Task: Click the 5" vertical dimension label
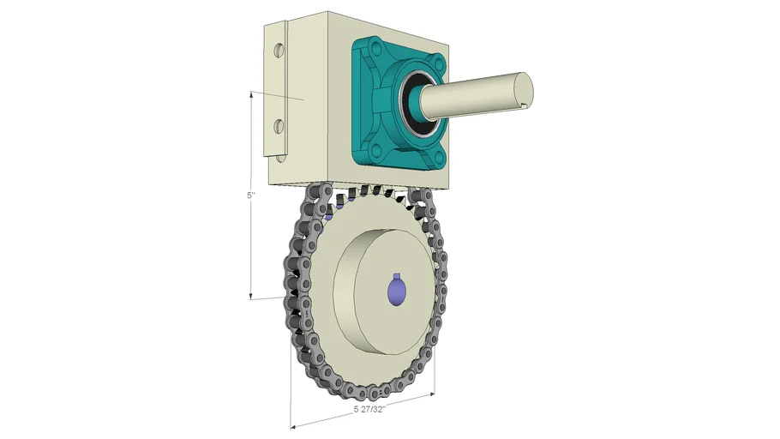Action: [250, 195]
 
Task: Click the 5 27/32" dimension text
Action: [369, 410]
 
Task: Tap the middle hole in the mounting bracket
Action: [278, 127]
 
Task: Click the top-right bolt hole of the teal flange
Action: [440, 63]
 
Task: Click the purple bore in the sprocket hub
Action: [396, 292]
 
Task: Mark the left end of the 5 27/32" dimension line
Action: [292, 424]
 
